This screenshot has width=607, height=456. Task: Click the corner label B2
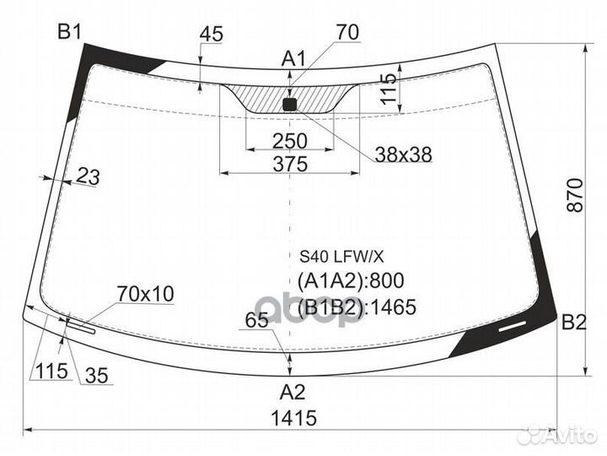(x=573, y=322)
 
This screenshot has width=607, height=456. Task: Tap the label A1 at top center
(x=293, y=58)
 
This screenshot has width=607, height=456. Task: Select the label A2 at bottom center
(x=293, y=392)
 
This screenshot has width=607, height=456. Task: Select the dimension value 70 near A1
(x=346, y=32)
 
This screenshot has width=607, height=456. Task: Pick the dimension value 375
(x=290, y=164)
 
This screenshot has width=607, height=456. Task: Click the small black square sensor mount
(x=290, y=105)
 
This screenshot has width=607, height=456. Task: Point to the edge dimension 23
(x=88, y=177)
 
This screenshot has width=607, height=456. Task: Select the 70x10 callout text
(x=145, y=294)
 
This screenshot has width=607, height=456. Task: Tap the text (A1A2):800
(x=352, y=280)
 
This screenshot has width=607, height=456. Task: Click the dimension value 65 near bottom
(x=257, y=320)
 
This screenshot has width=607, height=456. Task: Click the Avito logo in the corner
(x=557, y=435)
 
